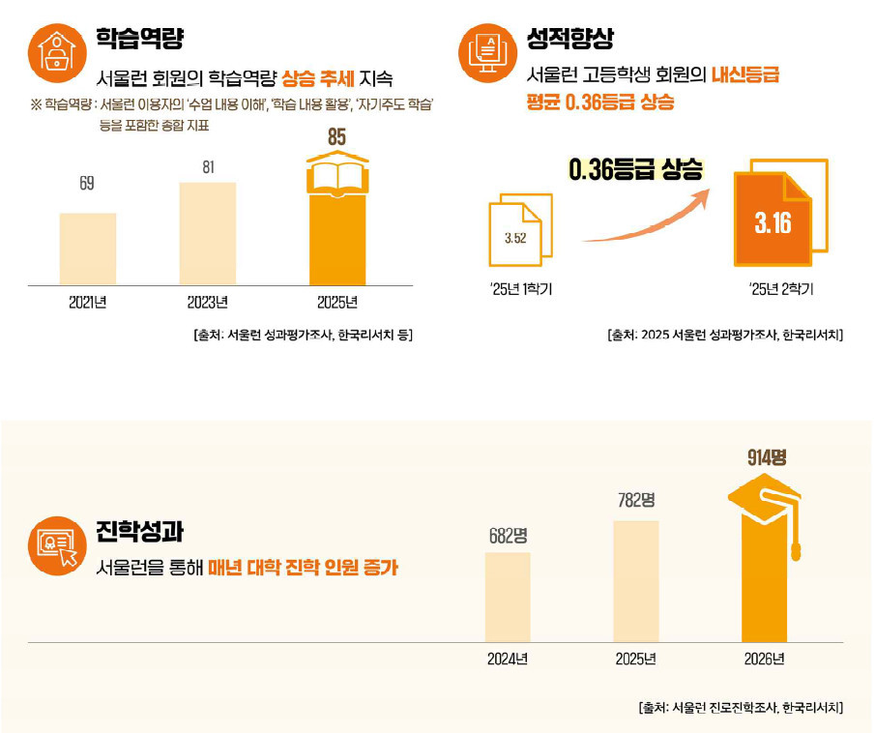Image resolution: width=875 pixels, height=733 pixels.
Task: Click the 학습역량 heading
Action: pos(139,39)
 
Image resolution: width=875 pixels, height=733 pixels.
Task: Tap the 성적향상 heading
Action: pos(569,39)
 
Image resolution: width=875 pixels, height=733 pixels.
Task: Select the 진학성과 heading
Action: pos(139,532)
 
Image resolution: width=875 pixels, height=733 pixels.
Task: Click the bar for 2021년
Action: pos(87,249)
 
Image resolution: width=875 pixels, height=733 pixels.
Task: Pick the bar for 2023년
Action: pos(207,233)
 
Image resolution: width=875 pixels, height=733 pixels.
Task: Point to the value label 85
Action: pos(336,138)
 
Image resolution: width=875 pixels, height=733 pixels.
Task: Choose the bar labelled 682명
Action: pos(508,597)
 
